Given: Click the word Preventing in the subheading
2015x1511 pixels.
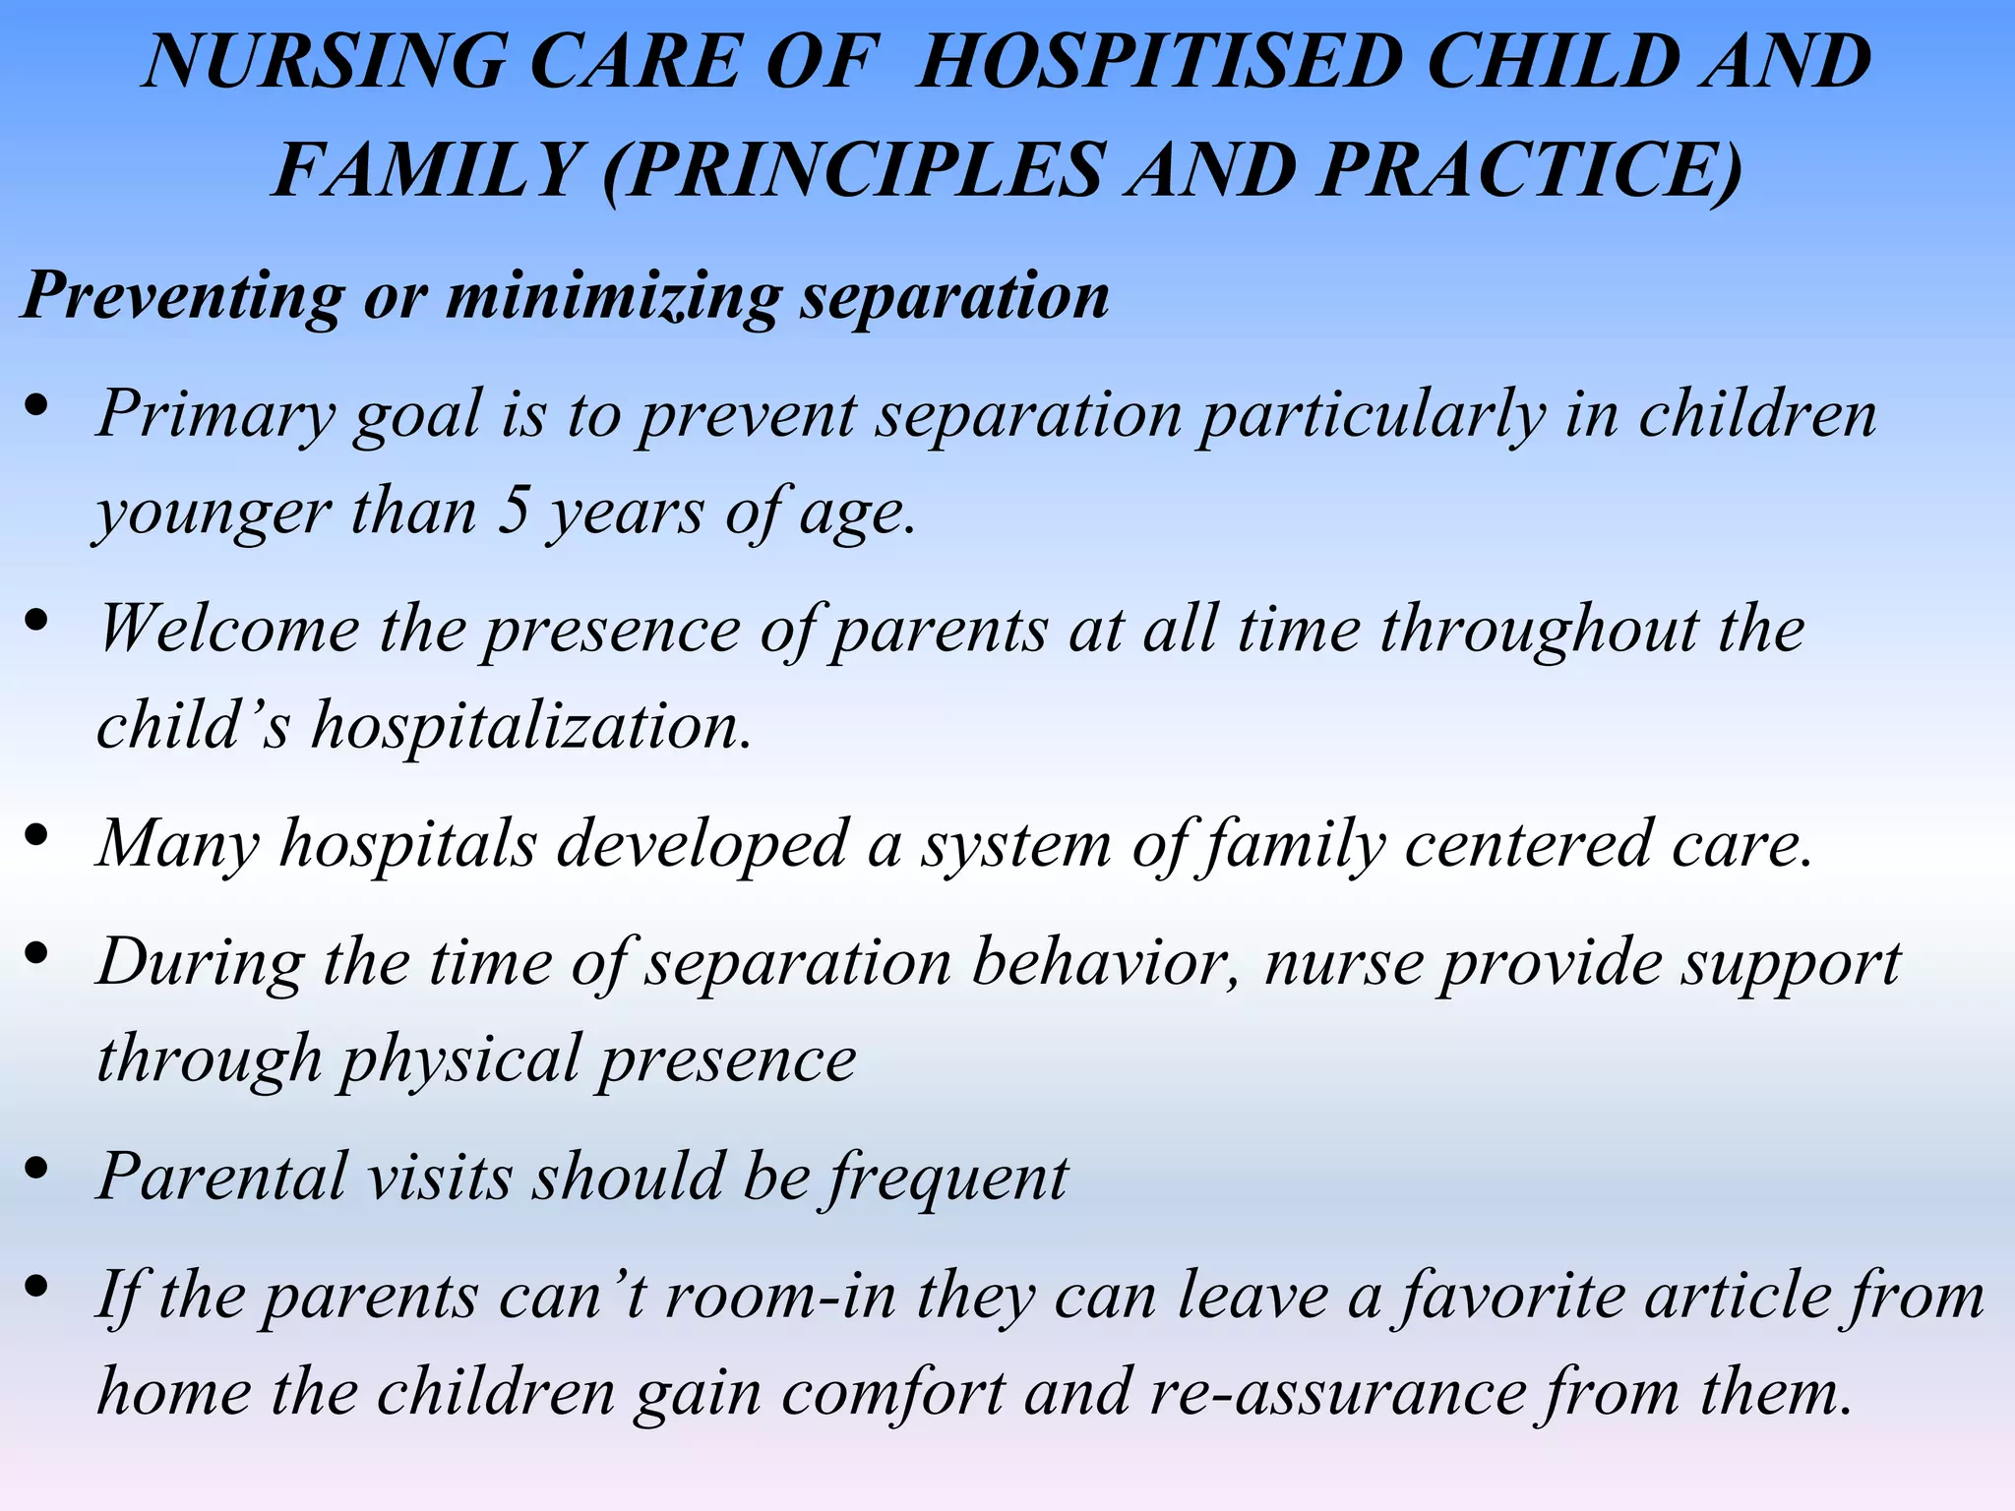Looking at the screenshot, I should coord(183,295).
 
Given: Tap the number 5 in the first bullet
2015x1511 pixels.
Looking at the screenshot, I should coord(513,512).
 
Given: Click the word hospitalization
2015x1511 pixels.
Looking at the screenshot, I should coord(531,726).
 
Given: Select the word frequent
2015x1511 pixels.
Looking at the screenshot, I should coord(946,1177).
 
